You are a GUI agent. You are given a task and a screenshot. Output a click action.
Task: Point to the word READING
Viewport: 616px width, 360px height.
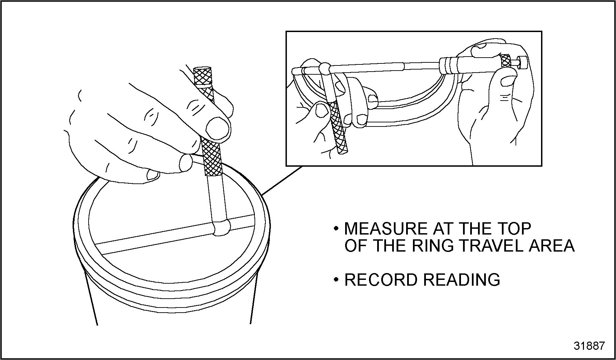coord(462,280)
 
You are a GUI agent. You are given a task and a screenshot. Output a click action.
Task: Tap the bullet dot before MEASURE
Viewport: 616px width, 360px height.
coord(336,229)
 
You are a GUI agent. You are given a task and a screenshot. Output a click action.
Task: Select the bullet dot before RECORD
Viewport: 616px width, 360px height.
coord(336,280)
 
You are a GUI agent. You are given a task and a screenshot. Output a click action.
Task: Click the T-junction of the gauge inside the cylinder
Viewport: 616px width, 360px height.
coord(221,227)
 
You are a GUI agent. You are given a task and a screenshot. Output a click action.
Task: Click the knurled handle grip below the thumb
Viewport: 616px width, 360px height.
coord(212,156)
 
